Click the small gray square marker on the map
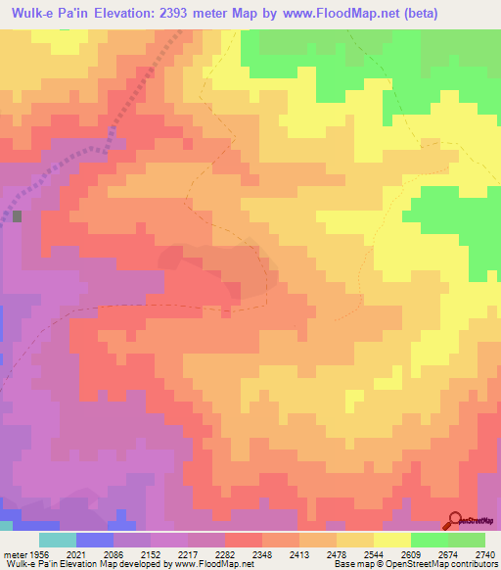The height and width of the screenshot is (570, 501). [17, 215]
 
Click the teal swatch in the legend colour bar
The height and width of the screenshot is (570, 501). [58, 540]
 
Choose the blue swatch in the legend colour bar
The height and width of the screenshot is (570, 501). [95, 540]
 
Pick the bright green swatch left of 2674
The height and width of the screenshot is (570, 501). [430, 540]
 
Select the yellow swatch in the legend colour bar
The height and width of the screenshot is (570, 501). [392, 540]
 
